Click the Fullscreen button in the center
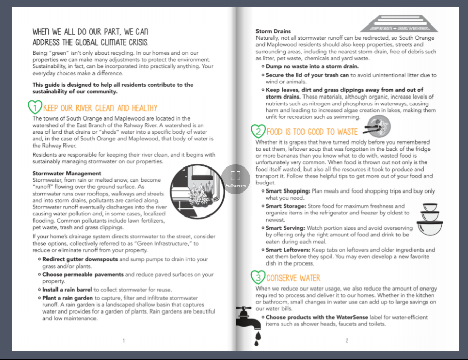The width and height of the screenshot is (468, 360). click(x=235, y=178)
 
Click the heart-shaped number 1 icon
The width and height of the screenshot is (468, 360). click(x=35, y=108)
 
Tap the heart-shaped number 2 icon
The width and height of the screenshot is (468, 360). click(x=257, y=131)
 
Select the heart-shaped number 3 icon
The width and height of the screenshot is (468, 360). click(x=258, y=277)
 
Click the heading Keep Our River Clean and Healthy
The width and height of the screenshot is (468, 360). click(x=100, y=108)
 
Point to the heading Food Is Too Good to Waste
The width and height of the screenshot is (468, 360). click(x=312, y=132)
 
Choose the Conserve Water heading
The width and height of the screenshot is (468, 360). click(x=293, y=278)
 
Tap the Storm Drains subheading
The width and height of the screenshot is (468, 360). click(x=273, y=32)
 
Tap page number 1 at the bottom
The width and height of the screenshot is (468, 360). click(x=123, y=340)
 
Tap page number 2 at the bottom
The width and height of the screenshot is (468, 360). click(x=346, y=340)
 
